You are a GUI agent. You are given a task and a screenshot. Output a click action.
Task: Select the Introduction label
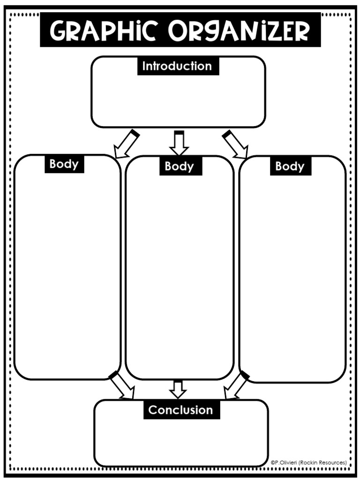pyautogui.click(x=177, y=66)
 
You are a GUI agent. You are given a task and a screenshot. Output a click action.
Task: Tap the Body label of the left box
pyautogui.click(x=64, y=164)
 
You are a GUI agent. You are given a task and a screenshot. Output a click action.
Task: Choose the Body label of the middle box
pyautogui.click(x=179, y=166)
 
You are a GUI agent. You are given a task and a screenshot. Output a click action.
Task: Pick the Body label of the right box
pyautogui.click(x=290, y=166)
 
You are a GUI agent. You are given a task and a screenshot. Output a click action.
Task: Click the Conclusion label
pyautogui.click(x=180, y=410)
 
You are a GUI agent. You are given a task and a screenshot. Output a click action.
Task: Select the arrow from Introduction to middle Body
pyautogui.click(x=179, y=143)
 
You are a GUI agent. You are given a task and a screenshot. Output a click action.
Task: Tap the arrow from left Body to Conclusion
pyautogui.click(x=122, y=386)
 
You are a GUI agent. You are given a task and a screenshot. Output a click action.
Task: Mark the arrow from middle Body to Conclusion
pyautogui.click(x=178, y=389)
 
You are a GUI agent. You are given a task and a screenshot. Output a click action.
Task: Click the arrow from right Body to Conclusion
pyautogui.click(x=236, y=385)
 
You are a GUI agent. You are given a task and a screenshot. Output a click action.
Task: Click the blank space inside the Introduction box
pyautogui.click(x=178, y=101)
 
